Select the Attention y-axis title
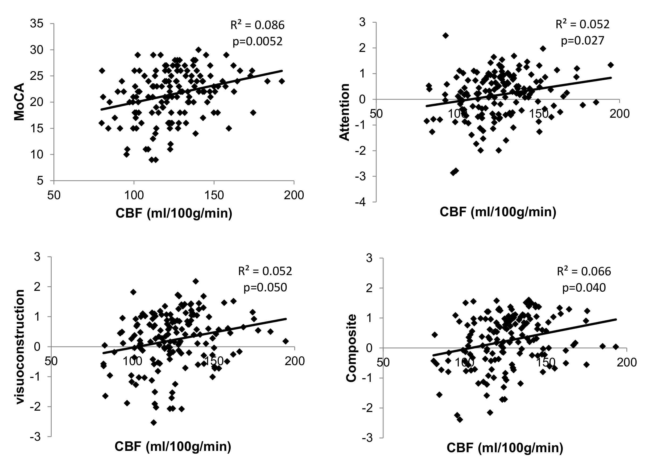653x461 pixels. coord(344,112)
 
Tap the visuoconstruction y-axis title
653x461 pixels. coord(20,346)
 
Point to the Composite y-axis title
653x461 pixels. coord(351,348)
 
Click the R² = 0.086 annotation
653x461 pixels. coord(257,25)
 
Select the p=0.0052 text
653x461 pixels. coord(258,42)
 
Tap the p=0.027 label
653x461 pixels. coord(582,41)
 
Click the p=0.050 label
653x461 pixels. coord(265,287)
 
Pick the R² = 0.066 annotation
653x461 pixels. coord(584,271)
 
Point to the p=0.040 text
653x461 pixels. coord(584,288)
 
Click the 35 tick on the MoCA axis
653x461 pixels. coord(37,24)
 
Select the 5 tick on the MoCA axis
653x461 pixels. coord(40,181)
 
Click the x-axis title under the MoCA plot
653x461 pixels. coord(174,213)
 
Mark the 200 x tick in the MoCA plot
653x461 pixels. coord(294,195)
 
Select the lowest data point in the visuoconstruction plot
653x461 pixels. coord(154,423)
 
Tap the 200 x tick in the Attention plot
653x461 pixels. coord(619,114)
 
